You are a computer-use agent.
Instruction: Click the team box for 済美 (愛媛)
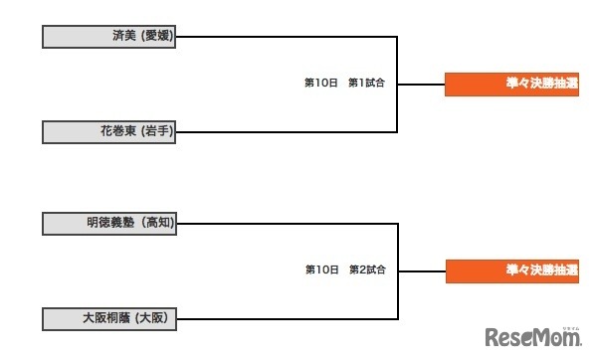point(109,37)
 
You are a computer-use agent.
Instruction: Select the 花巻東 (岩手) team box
point(109,131)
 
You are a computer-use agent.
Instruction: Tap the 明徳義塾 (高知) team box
point(109,224)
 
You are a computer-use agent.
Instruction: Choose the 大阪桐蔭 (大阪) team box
point(109,318)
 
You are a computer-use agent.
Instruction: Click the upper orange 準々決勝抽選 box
point(511,85)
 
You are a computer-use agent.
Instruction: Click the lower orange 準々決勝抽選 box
point(511,270)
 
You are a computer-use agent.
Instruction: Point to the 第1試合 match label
point(366,84)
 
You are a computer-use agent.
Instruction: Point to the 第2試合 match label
point(366,270)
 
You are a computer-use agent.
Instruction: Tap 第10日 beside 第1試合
point(321,84)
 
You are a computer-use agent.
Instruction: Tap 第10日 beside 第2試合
point(321,270)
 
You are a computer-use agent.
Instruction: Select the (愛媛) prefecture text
point(158,37)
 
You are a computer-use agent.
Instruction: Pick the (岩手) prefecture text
point(158,131)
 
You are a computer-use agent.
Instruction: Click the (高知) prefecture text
point(158,224)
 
